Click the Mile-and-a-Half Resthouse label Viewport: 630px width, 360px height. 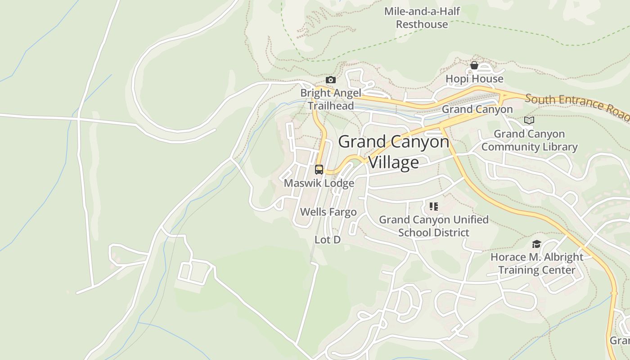point(422,18)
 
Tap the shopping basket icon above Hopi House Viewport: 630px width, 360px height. point(474,66)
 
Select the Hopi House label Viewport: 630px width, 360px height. point(474,79)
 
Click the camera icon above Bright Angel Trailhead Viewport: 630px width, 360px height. point(331,80)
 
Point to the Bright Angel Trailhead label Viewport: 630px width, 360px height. point(331,99)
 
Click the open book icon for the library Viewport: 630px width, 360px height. point(529,121)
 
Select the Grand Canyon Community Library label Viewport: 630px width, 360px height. point(529,140)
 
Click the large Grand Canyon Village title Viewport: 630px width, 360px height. point(394,152)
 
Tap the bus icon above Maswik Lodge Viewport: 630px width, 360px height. point(319,170)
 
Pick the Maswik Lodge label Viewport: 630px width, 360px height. point(319,184)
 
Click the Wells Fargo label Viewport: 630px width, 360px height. point(328,212)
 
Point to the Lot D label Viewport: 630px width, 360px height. point(327,240)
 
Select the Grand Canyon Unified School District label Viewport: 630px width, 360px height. point(433,226)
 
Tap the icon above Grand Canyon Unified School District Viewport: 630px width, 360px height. point(433,207)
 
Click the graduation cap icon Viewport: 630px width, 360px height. point(536,244)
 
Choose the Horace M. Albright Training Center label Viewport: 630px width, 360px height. point(536,264)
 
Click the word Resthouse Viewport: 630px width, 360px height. point(422,24)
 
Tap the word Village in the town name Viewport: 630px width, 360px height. point(394,162)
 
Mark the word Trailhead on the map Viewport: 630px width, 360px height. point(331,106)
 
